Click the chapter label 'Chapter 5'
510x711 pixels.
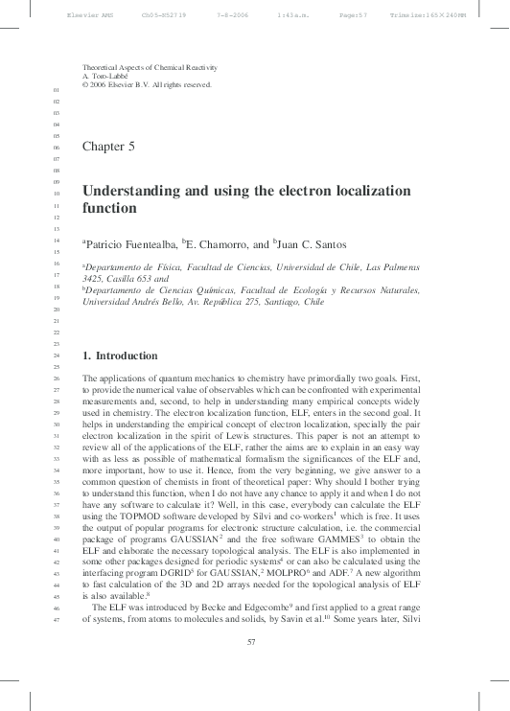[108, 147]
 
